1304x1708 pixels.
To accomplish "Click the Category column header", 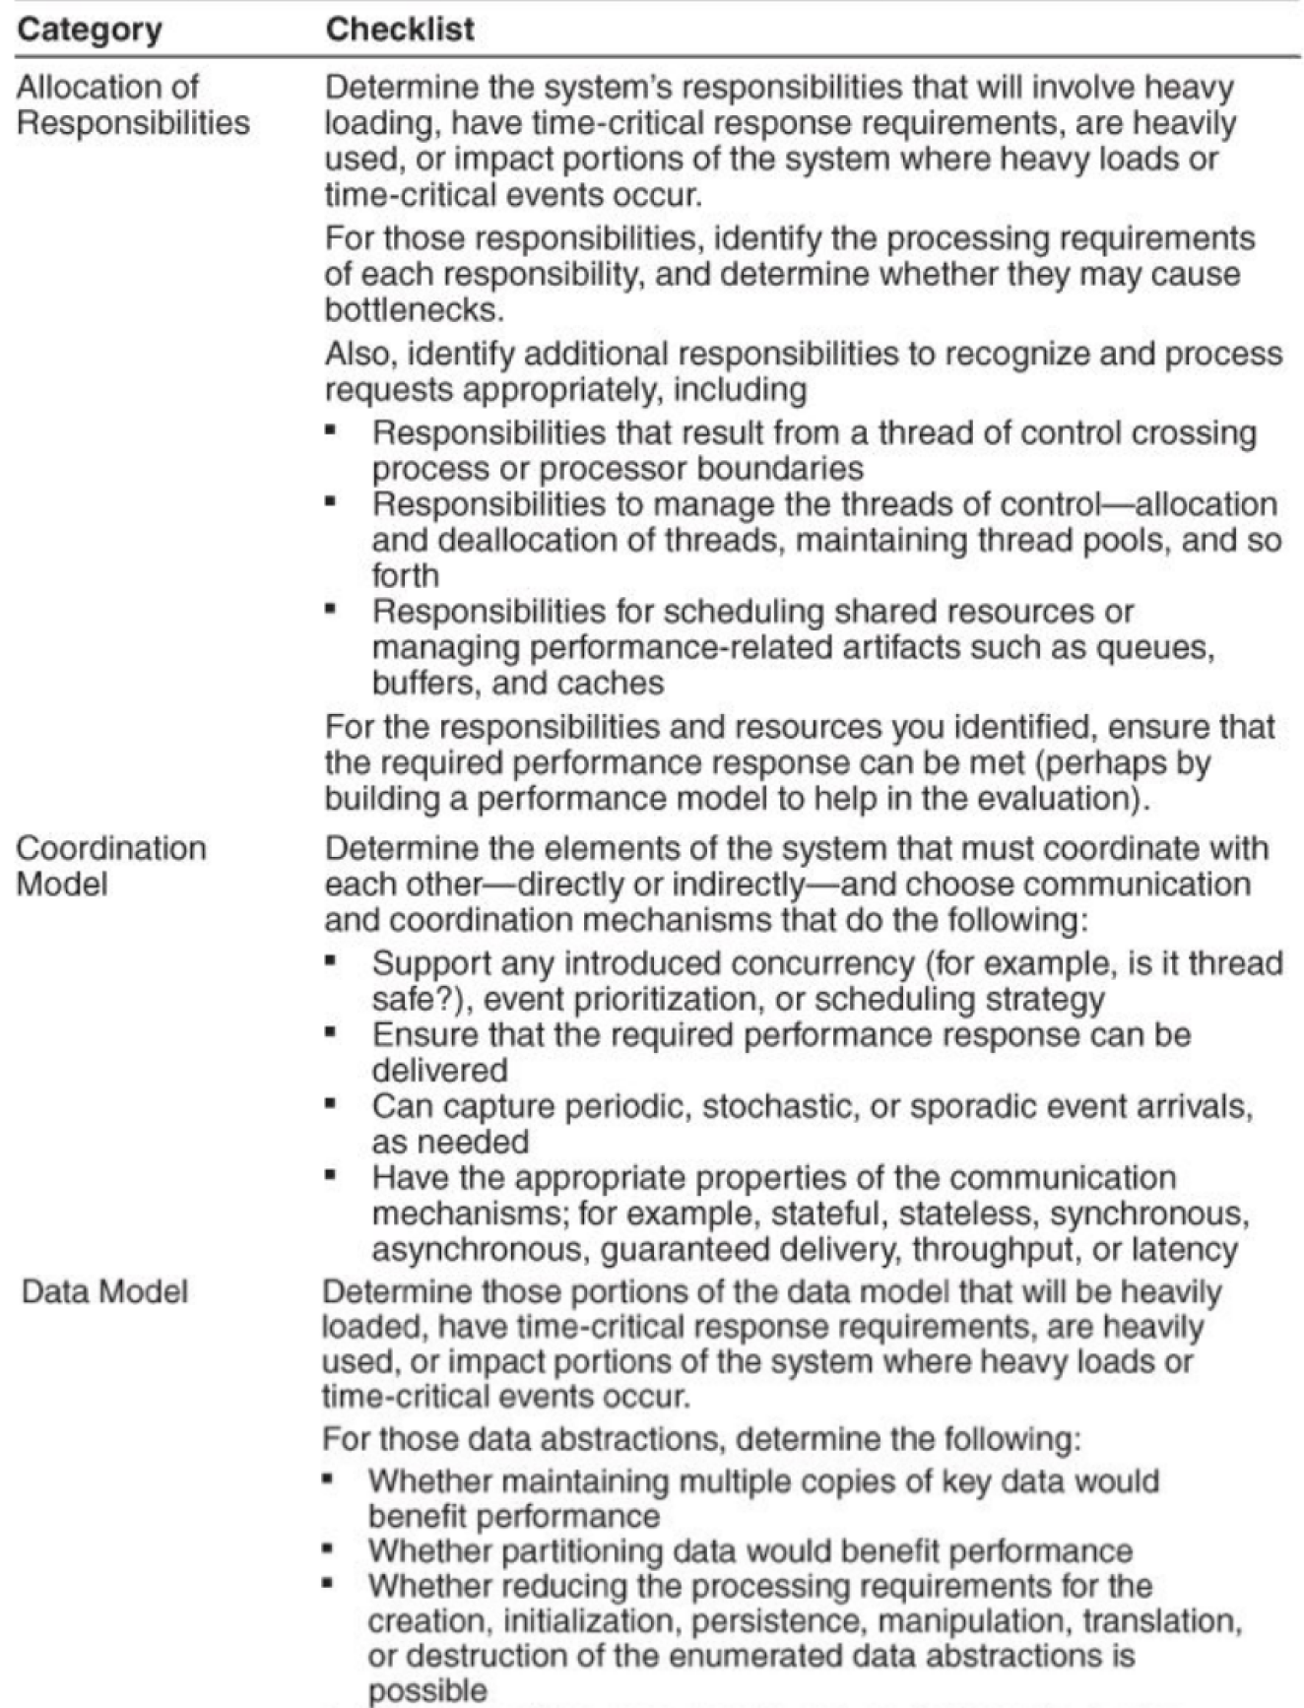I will [x=90, y=30].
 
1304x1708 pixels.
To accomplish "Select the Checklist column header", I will [x=400, y=30].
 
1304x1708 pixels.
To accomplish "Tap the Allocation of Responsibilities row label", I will [x=133, y=105].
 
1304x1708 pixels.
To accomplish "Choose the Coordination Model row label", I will [x=111, y=866].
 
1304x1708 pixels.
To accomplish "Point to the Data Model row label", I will [x=104, y=1291].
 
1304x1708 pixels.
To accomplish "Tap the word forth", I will [x=405, y=575].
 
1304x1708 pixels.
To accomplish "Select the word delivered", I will [x=439, y=1071].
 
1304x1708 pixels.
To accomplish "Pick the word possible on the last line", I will [x=427, y=1691].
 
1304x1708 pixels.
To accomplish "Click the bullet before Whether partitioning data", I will [x=329, y=1548].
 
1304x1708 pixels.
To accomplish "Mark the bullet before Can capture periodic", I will [x=332, y=1103].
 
